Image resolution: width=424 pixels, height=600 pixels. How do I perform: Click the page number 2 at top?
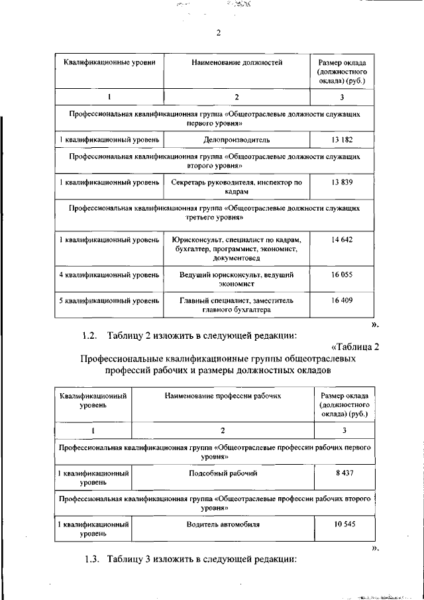tap(218, 34)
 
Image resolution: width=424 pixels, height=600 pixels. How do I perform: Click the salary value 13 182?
tap(342, 140)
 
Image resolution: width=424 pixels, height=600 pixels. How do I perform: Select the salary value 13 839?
tap(342, 182)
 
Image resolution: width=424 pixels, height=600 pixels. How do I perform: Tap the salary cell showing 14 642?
tap(342, 239)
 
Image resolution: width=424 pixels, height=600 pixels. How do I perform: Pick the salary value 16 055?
tap(342, 274)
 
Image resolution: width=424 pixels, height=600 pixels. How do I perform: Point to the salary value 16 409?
tap(342, 300)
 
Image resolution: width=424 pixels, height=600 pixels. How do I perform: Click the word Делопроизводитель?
tap(237, 140)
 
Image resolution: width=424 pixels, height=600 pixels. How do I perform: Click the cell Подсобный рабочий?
tap(223, 473)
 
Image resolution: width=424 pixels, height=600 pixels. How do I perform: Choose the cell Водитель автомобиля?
tap(223, 524)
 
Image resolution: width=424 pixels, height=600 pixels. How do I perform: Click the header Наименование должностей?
tap(237, 63)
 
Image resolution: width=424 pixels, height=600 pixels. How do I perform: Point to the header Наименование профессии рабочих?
tap(223, 395)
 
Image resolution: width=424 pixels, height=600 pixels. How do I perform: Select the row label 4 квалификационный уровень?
tap(109, 274)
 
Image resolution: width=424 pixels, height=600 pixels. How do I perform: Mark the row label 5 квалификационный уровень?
tap(109, 300)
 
